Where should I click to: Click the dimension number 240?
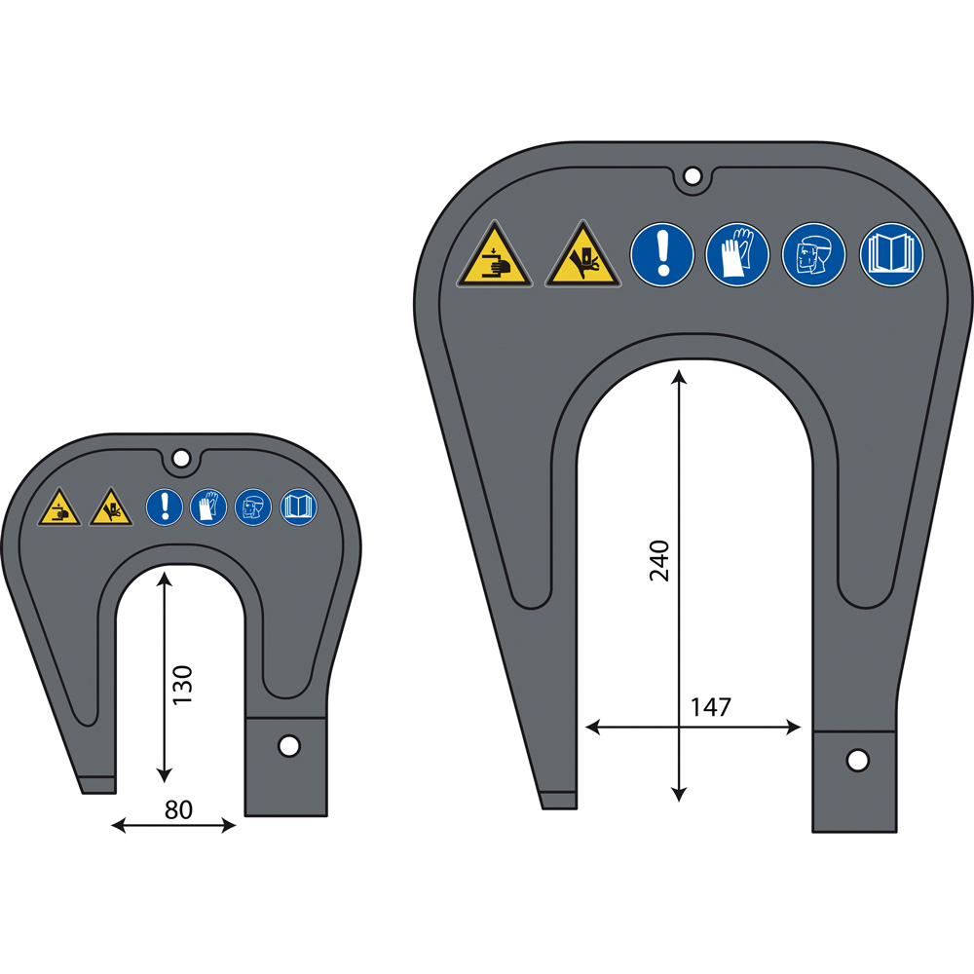[659, 560]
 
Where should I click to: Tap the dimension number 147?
[711, 707]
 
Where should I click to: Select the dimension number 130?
[183, 684]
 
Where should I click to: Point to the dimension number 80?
[178, 810]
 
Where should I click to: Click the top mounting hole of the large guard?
[692, 175]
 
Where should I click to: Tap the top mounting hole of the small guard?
[181, 459]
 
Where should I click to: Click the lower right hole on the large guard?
[857, 760]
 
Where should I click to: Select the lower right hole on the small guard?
[289, 745]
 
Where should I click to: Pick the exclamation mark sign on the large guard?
[662, 254]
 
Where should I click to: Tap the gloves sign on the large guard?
[737, 254]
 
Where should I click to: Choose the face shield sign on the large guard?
[813, 254]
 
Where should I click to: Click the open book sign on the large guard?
[891, 254]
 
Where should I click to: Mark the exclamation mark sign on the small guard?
[165, 506]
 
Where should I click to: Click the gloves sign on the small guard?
[208, 506]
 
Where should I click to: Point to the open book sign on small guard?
[299, 506]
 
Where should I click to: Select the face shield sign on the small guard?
[253, 506]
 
